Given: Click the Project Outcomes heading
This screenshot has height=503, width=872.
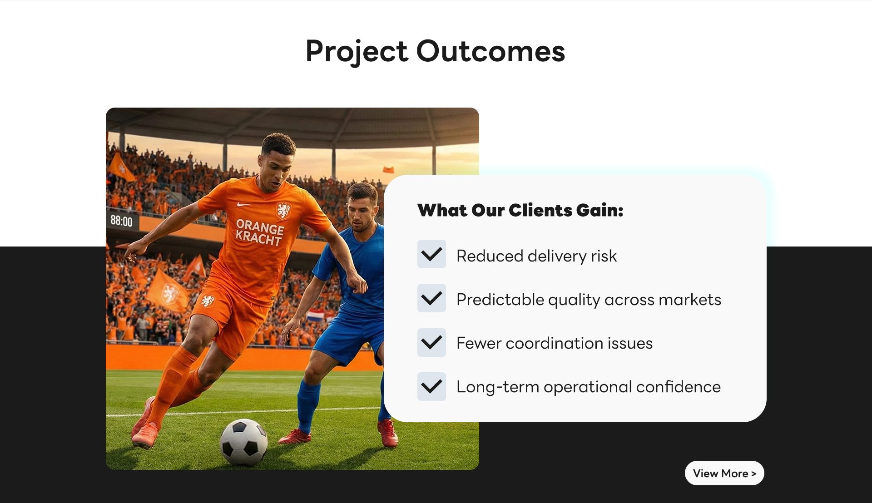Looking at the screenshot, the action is click(435, 51).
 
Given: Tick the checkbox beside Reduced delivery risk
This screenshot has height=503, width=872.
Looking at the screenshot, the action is click(431, 254).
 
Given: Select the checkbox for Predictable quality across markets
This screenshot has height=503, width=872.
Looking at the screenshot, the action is click(431, 298).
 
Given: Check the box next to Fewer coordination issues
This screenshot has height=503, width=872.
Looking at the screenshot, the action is click(431, 342).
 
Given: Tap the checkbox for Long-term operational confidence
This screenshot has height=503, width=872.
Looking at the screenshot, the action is click(431, 386).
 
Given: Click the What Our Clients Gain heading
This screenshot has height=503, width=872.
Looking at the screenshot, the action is click(520, 210).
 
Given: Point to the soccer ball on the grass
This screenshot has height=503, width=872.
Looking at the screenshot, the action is click(243, 442).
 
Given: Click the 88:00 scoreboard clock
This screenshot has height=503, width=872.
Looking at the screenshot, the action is click(122, 221).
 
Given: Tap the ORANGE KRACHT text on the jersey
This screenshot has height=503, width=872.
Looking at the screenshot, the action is click(259, 232).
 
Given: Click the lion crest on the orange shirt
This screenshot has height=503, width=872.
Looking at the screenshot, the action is click(283, 210).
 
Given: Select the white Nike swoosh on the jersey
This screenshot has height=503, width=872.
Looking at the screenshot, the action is click(244, 204).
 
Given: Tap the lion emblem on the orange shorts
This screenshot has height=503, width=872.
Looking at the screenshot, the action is click(208, 300).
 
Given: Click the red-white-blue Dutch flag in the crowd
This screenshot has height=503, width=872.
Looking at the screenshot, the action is click(316, 315).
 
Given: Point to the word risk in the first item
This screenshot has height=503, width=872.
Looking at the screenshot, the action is click(604, 256).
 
